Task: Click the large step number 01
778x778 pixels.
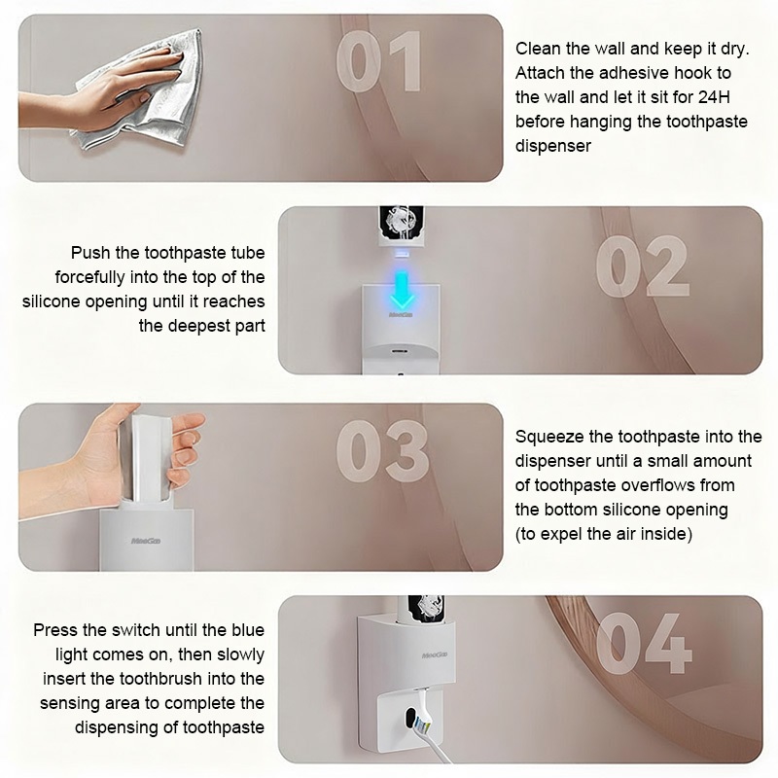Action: pos(379,61)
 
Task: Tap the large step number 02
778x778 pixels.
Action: pos(643,266)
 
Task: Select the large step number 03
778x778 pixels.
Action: pos(382,451)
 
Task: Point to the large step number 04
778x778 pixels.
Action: pos(644,643)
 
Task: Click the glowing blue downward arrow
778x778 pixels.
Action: pos(402,290)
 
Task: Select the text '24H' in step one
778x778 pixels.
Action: pos(714,97)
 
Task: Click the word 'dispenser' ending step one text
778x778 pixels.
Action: pos(552,146)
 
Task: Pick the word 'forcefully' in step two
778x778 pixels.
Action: pos(89,277)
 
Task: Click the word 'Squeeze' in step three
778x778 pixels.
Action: pos(549,437)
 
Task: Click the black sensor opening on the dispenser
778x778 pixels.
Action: pos(410,718)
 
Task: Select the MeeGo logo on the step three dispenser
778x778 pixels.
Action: pos(146,541)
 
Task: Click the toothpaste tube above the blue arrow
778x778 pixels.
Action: pos(401,227)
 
